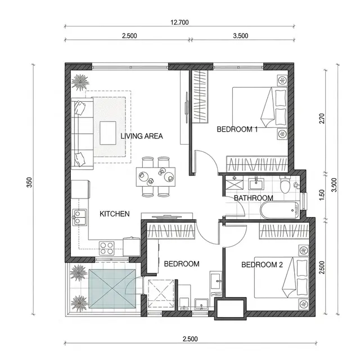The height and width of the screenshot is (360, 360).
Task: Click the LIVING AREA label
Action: tap(142, 136)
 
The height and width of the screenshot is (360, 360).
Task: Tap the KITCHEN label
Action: tap(115, 214)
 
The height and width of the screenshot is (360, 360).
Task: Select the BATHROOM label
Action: tap(254, 198)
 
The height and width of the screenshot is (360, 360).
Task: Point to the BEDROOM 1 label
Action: tap(237, 129)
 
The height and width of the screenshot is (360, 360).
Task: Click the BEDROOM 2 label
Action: tap(262, 265)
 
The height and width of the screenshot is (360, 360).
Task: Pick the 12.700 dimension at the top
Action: tap(179, 22)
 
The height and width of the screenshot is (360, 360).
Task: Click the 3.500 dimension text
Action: tap(241, 36)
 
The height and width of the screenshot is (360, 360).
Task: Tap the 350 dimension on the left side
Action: tap(29, 182)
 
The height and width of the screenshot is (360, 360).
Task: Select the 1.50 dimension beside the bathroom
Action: tap(322, 195)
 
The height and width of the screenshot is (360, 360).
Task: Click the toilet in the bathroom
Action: tap(285, 184)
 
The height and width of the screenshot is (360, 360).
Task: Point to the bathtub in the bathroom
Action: tap(280, 210)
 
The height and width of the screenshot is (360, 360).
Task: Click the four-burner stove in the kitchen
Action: tap(107, 248)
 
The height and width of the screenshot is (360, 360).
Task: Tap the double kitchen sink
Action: tap(79, 217)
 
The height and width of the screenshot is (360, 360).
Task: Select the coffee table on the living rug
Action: tap(108, 133)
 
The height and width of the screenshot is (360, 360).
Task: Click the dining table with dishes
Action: tap(156, 177)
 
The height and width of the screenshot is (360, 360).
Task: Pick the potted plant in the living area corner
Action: tap(80, 82)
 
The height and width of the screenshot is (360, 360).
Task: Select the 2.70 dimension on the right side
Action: tap(322, 119)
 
